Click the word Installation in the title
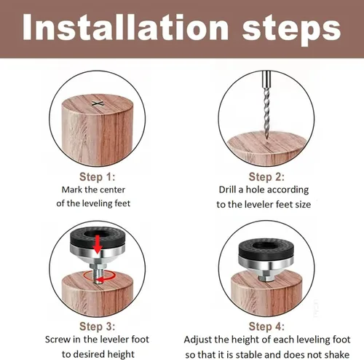pos(126,27)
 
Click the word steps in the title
pos(291,29)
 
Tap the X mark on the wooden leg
pos(98,104)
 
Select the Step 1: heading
pos(98,176)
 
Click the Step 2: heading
pos(266,176)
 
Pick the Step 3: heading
pos(98,326)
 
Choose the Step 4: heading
pos(266,326)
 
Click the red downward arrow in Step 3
pos(98,244)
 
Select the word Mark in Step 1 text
pos(72,189)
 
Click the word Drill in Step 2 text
pos(227,189)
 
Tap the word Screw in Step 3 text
pos(58,339)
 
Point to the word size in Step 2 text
pos(303,205)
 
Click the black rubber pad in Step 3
pos(98,237)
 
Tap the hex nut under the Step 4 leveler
pos(266,278)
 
